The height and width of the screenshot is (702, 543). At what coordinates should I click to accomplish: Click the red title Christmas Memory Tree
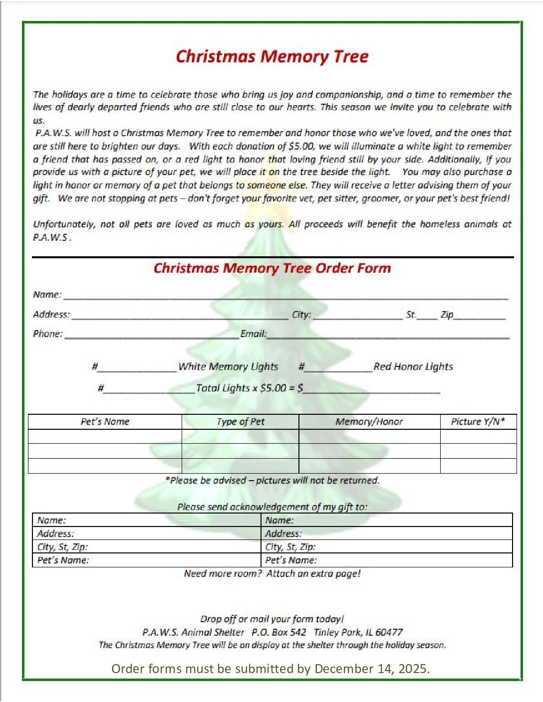pyautogui.click(x=272, y=56)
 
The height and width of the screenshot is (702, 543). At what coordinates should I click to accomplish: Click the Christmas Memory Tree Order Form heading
pyautogui.click(x=272, y=268)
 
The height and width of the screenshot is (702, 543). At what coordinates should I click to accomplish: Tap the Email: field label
pyautogui.click(x=254, y=334)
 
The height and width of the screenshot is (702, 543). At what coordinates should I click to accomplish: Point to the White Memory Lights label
pyautogui.click(x=228, y=367)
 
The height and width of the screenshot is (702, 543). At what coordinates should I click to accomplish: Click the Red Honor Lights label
pyautogui.click(x=413, y=367)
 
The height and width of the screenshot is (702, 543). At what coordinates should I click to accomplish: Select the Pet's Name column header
pyautogui.click(x=105, y=422)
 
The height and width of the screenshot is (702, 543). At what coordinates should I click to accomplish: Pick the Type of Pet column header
pyautogui.click(x=241, y=422)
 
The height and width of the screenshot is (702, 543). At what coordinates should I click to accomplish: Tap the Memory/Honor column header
pyautogui.click(x=369, y=422)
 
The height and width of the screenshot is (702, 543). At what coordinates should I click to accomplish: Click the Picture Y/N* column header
pyautogui.click(x=478, y=422)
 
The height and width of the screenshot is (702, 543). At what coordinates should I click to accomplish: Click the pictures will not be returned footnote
pyautogui.click(x=272, y=481)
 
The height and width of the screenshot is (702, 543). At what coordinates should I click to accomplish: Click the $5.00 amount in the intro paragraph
pyautogui.click(x=301, y=147)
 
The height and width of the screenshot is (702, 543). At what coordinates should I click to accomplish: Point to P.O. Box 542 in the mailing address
pyautogui.click(x=278, y=632)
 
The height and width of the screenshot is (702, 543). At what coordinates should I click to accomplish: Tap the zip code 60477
pyautogui.click(x=389, y=632)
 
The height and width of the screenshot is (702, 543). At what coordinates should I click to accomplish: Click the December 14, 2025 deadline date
pyautogui.click(x=372, y=669)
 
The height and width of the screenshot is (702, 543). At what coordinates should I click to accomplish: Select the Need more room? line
pyautogui.click(x=272, y=574)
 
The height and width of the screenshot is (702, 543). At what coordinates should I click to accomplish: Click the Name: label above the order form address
pyautogui.click(x=47, y=295)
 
